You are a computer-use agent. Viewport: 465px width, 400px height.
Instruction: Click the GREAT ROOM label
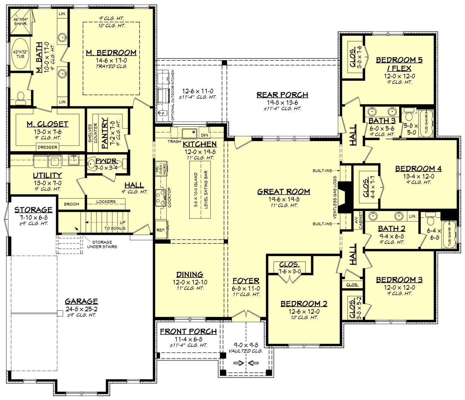[284, 192]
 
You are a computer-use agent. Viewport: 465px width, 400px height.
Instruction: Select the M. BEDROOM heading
[111, 53]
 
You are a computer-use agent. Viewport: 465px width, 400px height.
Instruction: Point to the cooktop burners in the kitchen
[161, 198]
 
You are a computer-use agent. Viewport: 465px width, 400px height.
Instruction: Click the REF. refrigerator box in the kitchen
[161, 230]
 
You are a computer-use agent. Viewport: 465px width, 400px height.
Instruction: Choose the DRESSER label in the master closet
[48, 147]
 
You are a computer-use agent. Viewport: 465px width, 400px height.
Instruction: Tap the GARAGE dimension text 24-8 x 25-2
[81, 309]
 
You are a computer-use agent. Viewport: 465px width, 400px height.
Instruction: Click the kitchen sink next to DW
[189, 133]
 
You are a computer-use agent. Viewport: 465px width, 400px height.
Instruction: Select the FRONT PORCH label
[188, 331]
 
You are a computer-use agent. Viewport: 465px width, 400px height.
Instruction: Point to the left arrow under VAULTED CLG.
[239, 363]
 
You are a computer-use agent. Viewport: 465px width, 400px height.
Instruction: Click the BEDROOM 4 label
[418, 169]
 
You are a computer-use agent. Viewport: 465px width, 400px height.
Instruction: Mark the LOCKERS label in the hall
[106, 202]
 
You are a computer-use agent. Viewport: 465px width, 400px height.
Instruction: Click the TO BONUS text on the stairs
[114, 229]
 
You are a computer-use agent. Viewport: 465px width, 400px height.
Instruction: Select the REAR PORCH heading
[282, 95]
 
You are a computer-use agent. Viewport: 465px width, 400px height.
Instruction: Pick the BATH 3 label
[382, 121]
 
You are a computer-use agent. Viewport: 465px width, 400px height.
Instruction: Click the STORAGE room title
[33, 210]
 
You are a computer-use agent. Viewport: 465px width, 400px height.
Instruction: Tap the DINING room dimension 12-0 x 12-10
[190, 282]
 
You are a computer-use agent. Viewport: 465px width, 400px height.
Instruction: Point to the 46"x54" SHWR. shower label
[20, 21]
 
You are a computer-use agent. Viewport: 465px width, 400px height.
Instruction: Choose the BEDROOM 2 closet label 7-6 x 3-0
[290, 271]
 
